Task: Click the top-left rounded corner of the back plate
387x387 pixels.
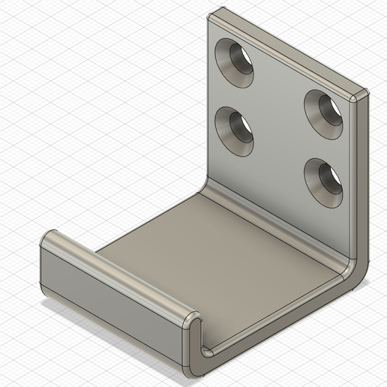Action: (x=215, y=14)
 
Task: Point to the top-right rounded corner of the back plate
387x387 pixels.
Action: (x=361, y=96)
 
